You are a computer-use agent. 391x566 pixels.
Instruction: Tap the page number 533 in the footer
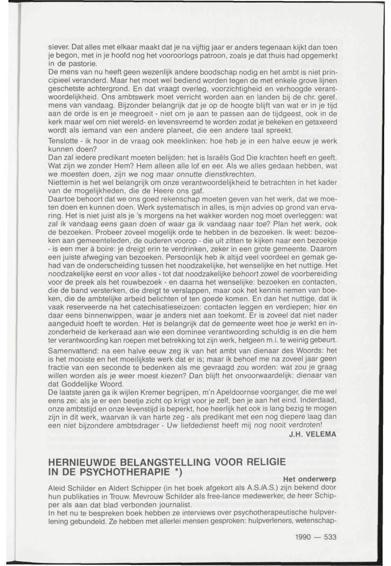click(329, 536)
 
